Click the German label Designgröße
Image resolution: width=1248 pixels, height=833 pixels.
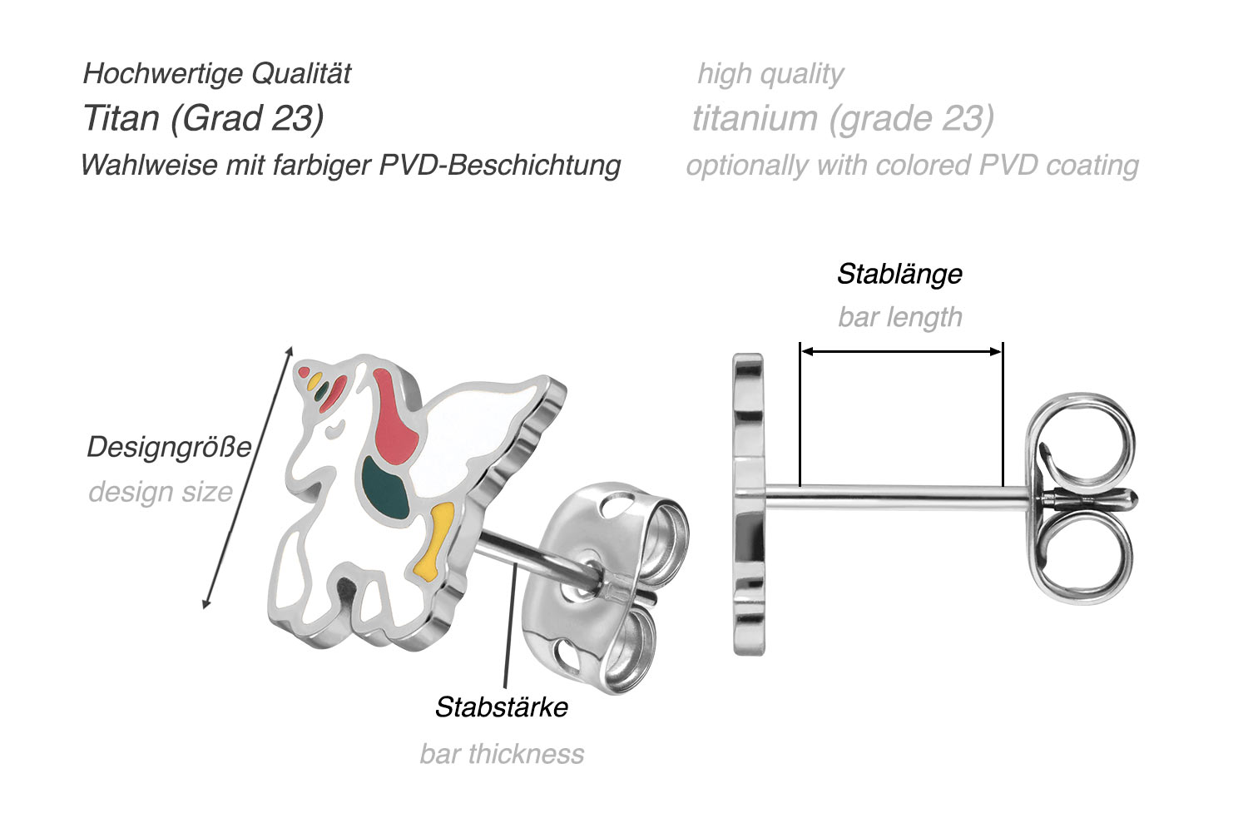(169, 448)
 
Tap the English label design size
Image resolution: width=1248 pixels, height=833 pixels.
(161, 492)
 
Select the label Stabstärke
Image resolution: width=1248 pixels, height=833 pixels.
(501, 707)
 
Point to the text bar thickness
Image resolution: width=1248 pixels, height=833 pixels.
(502, 754)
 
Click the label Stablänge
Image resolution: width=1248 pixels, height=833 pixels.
(899, 274)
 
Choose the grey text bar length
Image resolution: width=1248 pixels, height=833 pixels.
(900, 317)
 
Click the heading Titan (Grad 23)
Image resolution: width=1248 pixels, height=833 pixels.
(204, 118)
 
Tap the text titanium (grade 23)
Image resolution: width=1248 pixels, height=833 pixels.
(843, 118)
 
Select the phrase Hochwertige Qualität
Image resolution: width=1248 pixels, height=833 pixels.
(217, 73)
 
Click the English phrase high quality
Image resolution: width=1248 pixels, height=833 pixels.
(770, 73)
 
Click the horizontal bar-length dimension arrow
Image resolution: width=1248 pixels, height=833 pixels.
(901, 352)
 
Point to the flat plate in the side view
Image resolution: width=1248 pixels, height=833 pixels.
(748, 503)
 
